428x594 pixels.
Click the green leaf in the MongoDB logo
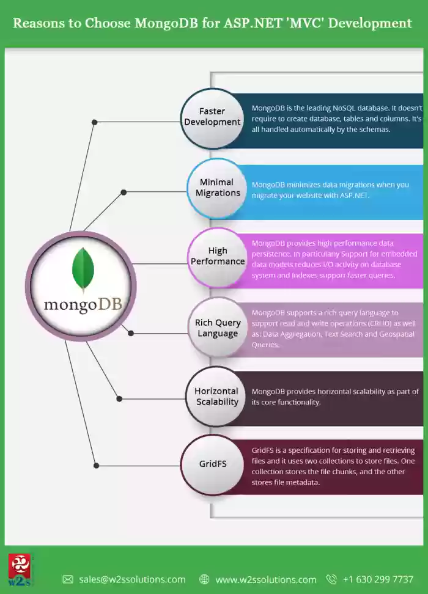[x=83, y=269]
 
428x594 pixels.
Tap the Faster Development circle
[x=212, y=118]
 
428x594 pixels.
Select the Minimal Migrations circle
[x=217, y=188]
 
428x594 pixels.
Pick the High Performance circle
[x=218, y=257]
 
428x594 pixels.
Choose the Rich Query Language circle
[x=218, y=328]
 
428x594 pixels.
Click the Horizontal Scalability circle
[x=216, y=396]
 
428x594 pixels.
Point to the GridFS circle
[x=212, y=464]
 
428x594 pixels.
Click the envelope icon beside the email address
[x=68, y=579]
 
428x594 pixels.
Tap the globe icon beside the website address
[x=204, y=579]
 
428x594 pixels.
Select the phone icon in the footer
[x=331, y=579]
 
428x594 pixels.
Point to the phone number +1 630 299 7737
[x=378, y=579]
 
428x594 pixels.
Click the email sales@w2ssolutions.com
[x=132, y=579]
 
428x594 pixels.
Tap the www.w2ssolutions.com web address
[x=266, y=579]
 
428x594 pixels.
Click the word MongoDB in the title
[x=166, y=23]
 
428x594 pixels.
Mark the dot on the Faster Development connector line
[x=94, y=122]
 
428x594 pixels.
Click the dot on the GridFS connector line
[x=96, y=466]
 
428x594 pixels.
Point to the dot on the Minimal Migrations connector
[x=124, y=193]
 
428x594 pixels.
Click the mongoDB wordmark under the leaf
[x=83, y=304]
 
